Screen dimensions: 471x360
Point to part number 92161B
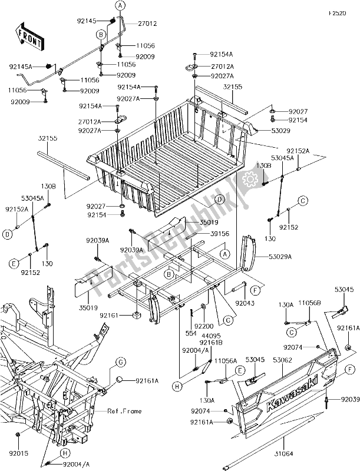[210, 342]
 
